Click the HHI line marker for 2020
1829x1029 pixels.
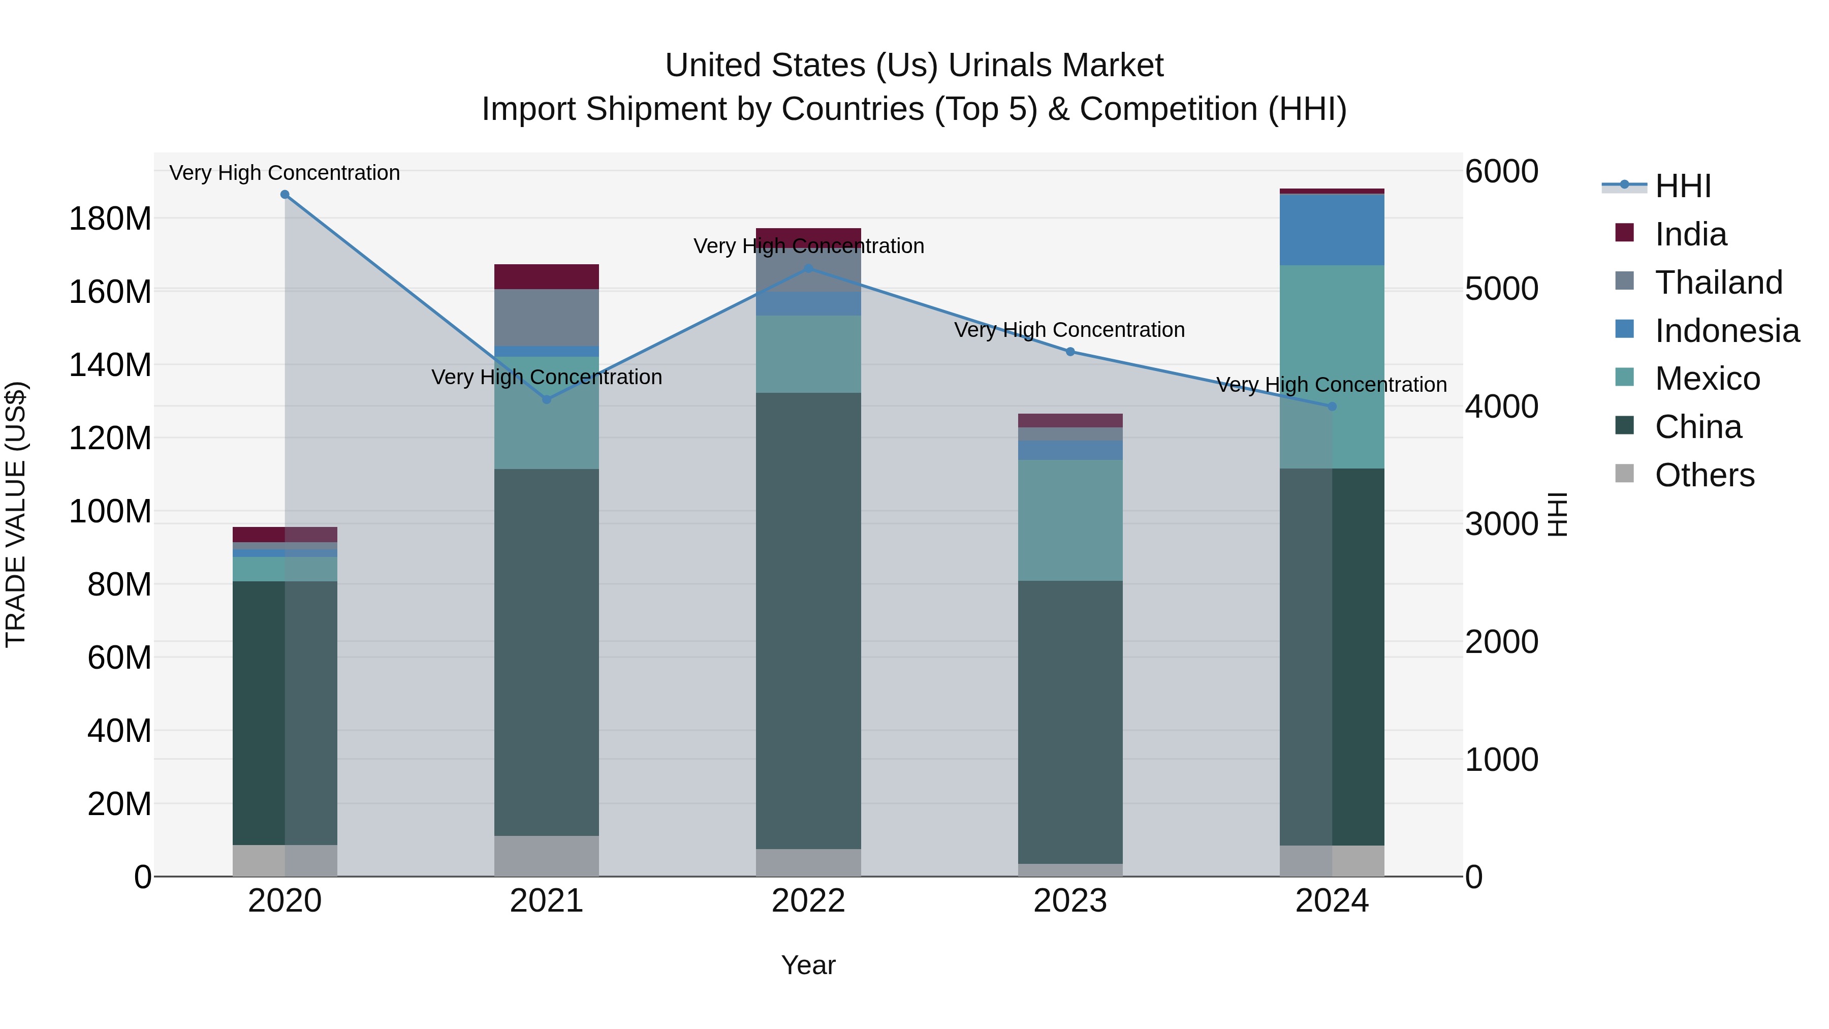[x=285, y=195]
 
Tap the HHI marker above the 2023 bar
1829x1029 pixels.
[x=1070, y=352]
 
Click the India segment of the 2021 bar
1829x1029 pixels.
[x=546, y=276]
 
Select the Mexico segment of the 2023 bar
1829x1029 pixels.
[x=1070, y=520]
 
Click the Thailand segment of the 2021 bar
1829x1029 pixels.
[x=546, y=317]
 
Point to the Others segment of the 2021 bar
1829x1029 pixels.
[x=546, y=856]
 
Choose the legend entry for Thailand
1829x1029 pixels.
[x=1718, y=283]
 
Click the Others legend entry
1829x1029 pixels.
[x=1704, y=475]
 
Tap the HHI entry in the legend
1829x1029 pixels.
[x=1683, y=186]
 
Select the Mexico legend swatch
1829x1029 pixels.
[x=1625, y=378]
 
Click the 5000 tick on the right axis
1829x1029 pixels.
[x=1501, y=289]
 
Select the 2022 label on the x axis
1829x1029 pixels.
[x=808, y=901]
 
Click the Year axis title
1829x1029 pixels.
[x=808, y=965]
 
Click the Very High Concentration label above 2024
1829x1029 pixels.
[x=1331, y=385]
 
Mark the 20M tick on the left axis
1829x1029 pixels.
[x=118, y=804]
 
